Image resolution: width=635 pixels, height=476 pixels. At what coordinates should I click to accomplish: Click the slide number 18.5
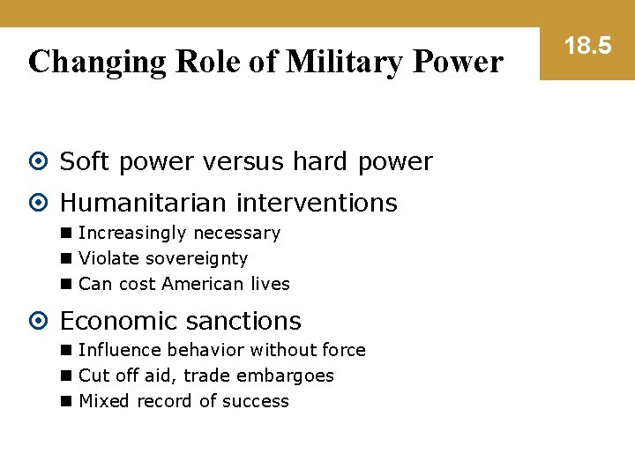click(x=586, y=46)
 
